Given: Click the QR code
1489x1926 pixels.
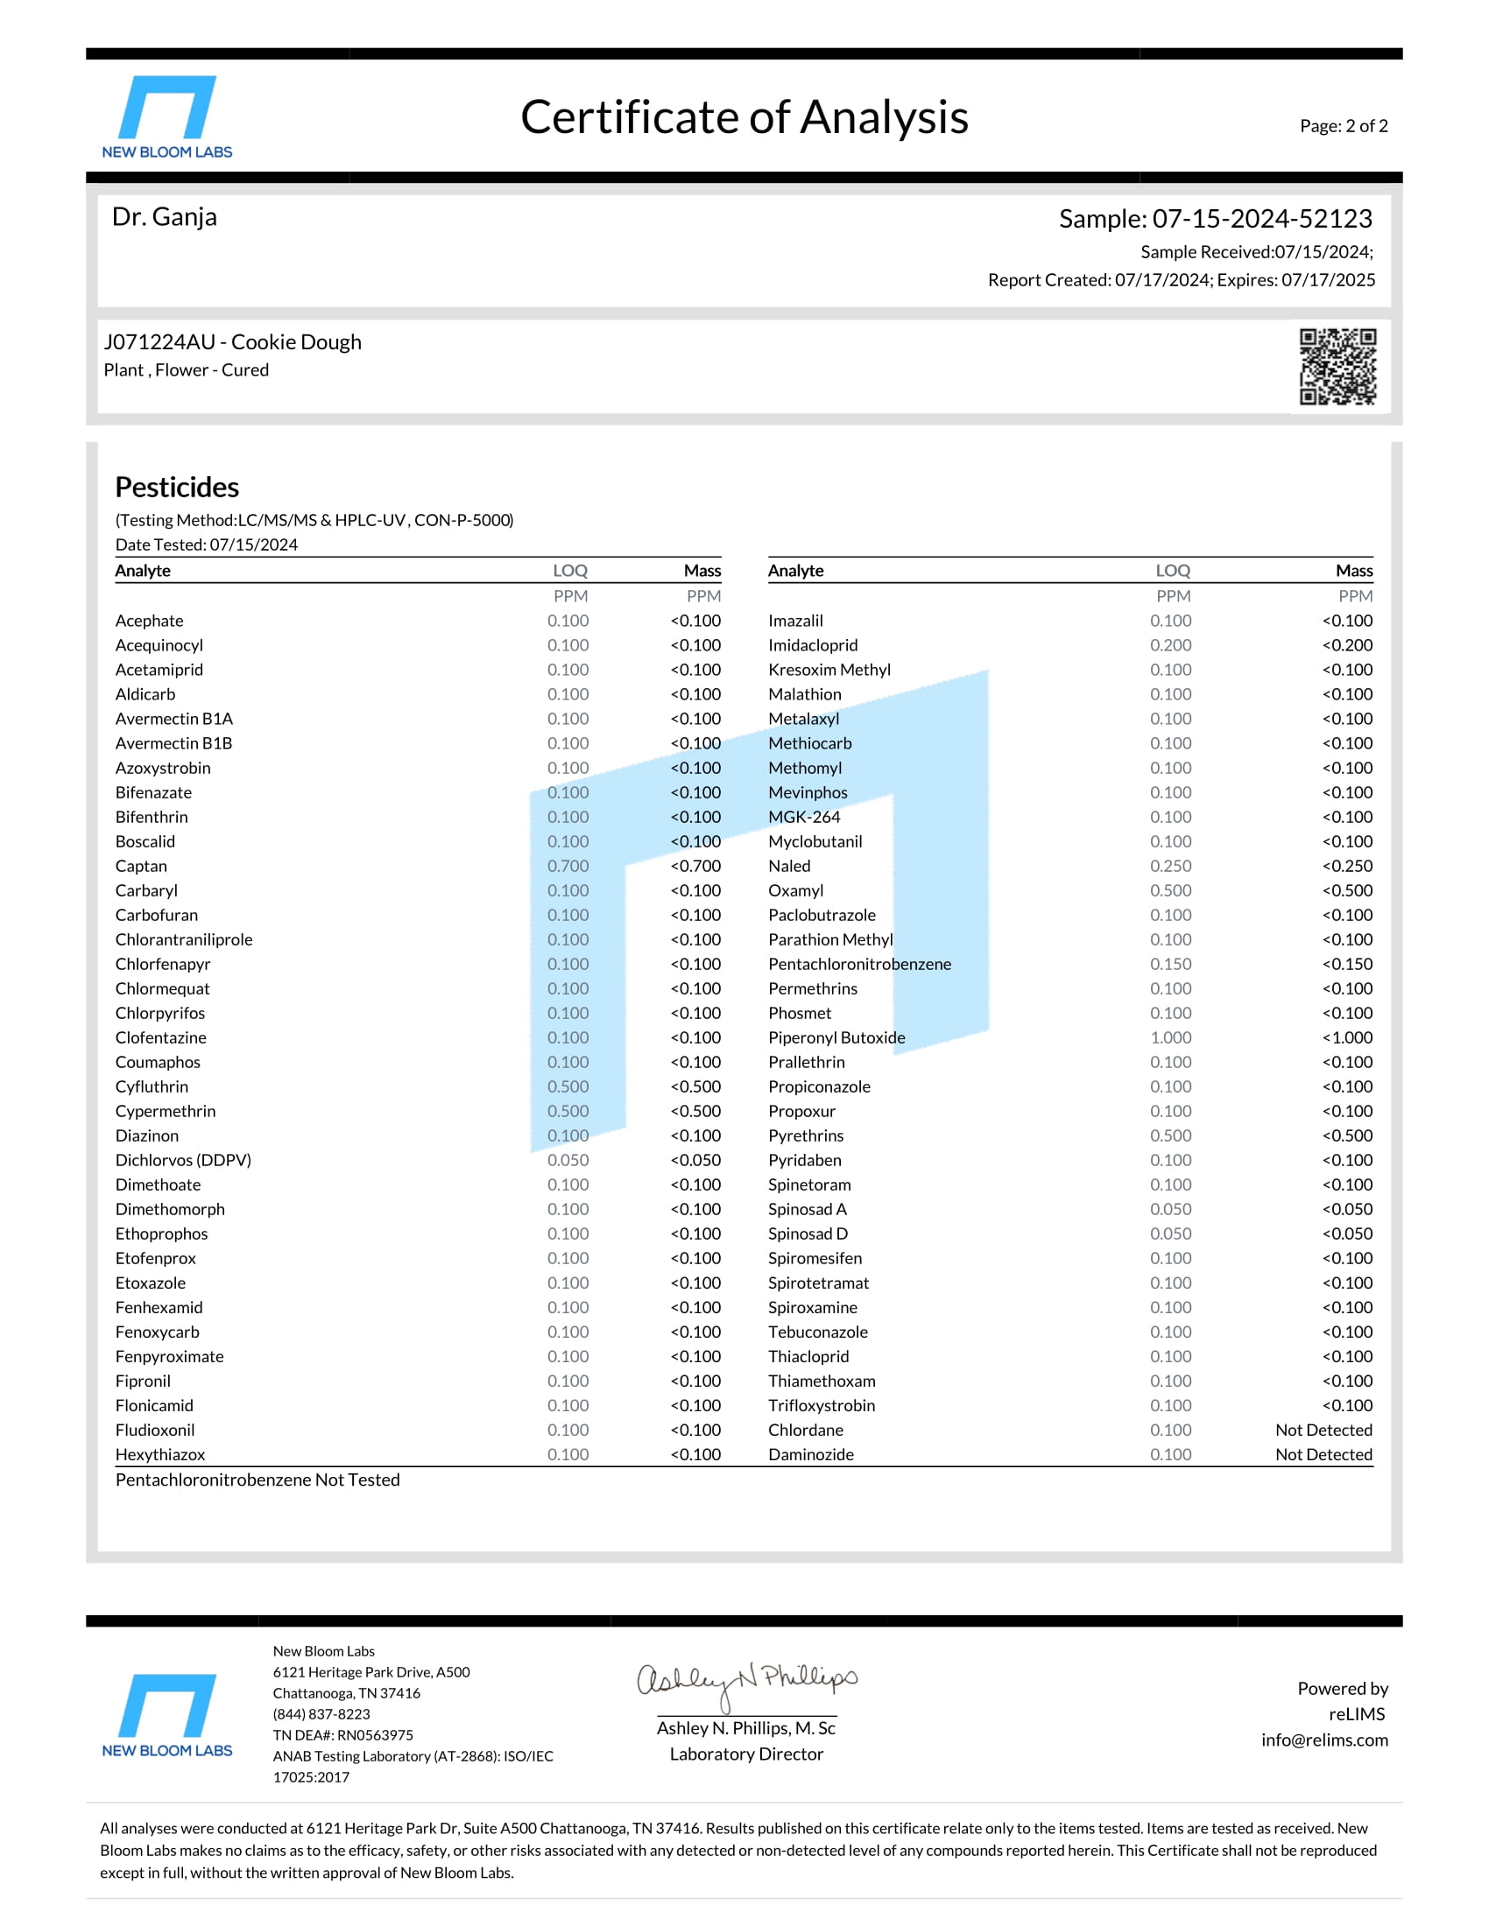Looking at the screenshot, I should point(1337,366).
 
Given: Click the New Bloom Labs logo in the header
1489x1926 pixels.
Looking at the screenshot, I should point(166,116).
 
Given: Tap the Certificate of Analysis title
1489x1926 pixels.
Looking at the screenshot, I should point(744,117).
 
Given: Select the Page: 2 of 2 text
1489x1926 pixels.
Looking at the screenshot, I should point(1343,126).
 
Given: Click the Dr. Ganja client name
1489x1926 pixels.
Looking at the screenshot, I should point(164,217).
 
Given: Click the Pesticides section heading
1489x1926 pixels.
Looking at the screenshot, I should point(176,487).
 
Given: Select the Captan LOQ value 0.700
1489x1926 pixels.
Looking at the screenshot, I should point(568,866).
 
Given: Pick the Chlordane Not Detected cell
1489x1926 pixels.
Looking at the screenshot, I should point(1323,1430).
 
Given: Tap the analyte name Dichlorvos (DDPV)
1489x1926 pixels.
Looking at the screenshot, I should point(182,1160).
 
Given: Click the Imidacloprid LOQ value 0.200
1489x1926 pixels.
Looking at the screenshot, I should point(1169,645).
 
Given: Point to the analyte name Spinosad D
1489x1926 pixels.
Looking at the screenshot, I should point(808,1234).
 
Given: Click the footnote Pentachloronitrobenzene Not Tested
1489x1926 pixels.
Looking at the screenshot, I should point(257,1480).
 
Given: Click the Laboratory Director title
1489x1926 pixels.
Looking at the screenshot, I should point(745,1754).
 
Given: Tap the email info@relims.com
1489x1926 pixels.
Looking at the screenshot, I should point(1323,1740).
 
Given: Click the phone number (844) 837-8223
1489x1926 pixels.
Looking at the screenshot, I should point(321,1713).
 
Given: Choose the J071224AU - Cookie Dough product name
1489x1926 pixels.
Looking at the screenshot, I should point(232,342).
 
